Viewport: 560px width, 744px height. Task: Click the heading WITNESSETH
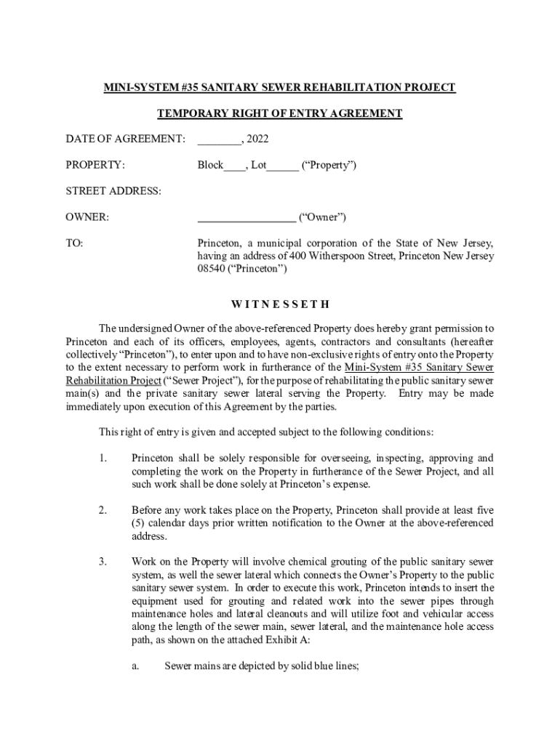[x=280, y=304]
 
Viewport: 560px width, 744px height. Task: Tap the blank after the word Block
[x=235, y=165]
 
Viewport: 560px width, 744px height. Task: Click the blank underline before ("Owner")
[x=247, y=217]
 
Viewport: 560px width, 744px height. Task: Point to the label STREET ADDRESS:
[x=113, y=191]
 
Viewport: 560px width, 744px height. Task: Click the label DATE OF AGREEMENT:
[x=126, y=139]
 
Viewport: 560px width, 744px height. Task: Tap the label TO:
[x=74, y=243]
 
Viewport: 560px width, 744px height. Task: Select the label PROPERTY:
[x=95, y=165]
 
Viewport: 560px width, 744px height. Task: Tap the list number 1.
[x=103, y=458]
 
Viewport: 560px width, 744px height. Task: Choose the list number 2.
[x=103, y=510]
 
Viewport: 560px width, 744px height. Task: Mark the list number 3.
[x=103, y=562]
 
